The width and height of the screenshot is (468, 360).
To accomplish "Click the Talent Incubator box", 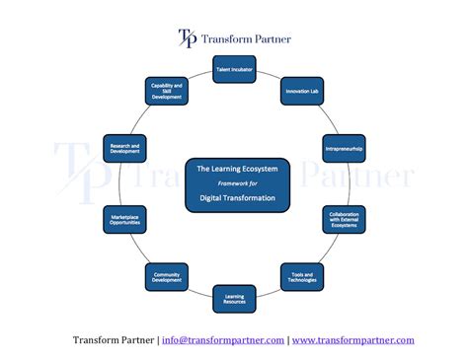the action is pos(234,69).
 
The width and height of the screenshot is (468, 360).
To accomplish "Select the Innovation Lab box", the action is pos(301,91).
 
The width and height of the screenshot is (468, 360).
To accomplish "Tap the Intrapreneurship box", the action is pos(343,148).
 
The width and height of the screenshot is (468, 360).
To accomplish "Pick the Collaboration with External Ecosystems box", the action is pos(343,219).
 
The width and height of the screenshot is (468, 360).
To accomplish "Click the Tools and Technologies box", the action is pos(302,277).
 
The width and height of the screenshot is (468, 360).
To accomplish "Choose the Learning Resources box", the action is pos(234,298).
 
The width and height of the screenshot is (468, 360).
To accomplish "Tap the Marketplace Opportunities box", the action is pos(124,219).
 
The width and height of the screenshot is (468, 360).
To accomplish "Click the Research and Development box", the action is pos(124,148).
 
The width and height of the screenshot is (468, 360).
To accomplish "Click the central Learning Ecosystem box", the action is pos(237,184).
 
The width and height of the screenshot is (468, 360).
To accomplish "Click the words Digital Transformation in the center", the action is pos(237,198).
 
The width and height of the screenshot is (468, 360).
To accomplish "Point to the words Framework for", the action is pos(236,182).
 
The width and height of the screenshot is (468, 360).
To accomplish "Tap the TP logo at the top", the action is pos(187,38).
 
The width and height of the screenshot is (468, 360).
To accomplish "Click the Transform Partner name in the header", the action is pos(246,39).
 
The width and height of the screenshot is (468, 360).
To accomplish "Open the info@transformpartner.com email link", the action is pos(223,340).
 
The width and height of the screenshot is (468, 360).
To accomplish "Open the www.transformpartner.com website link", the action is pos(352,340).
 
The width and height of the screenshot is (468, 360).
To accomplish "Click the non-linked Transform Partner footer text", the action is pos(113,340).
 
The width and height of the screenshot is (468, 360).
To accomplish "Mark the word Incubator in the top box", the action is pos(242,69).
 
